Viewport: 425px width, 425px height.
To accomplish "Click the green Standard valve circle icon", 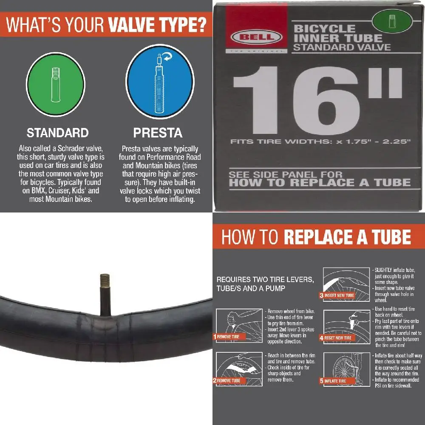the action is pos(56,84).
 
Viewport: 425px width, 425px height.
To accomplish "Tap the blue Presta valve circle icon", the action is pos(160,81).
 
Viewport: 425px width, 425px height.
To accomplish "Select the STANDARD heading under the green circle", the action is pos(58,133).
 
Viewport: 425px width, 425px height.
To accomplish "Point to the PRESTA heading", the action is pos(158,133).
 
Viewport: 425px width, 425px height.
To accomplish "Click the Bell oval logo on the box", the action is pos(256,37).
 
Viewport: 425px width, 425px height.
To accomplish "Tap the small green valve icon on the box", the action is pos(392,21).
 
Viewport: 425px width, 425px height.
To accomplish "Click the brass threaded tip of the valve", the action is pos(105,281).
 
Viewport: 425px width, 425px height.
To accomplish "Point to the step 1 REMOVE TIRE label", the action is pos(229,337).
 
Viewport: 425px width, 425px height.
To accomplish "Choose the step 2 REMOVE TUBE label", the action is pos(229,380).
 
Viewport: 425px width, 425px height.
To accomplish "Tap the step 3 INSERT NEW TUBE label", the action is pos(337,295).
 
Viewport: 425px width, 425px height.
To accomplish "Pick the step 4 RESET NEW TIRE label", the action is pos(337,338).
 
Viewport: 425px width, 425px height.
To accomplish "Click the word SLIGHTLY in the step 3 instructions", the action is pos(383,270).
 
